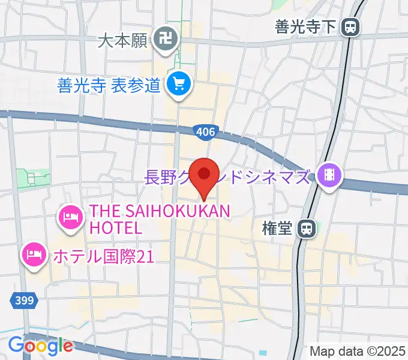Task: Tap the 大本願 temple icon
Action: click(163, 40)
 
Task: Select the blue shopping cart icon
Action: click(178, 85)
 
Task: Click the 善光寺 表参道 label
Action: click(109, 85)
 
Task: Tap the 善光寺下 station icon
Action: click(350, 26)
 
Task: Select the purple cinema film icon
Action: click(329, 176)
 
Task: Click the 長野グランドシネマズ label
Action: click(228, 177)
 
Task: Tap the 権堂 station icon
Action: click(307, 228)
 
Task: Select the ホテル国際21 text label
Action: click(103, 257)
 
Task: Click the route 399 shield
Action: click(25, 298)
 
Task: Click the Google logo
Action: click(40, 346)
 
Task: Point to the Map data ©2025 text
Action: click(358, 350)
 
